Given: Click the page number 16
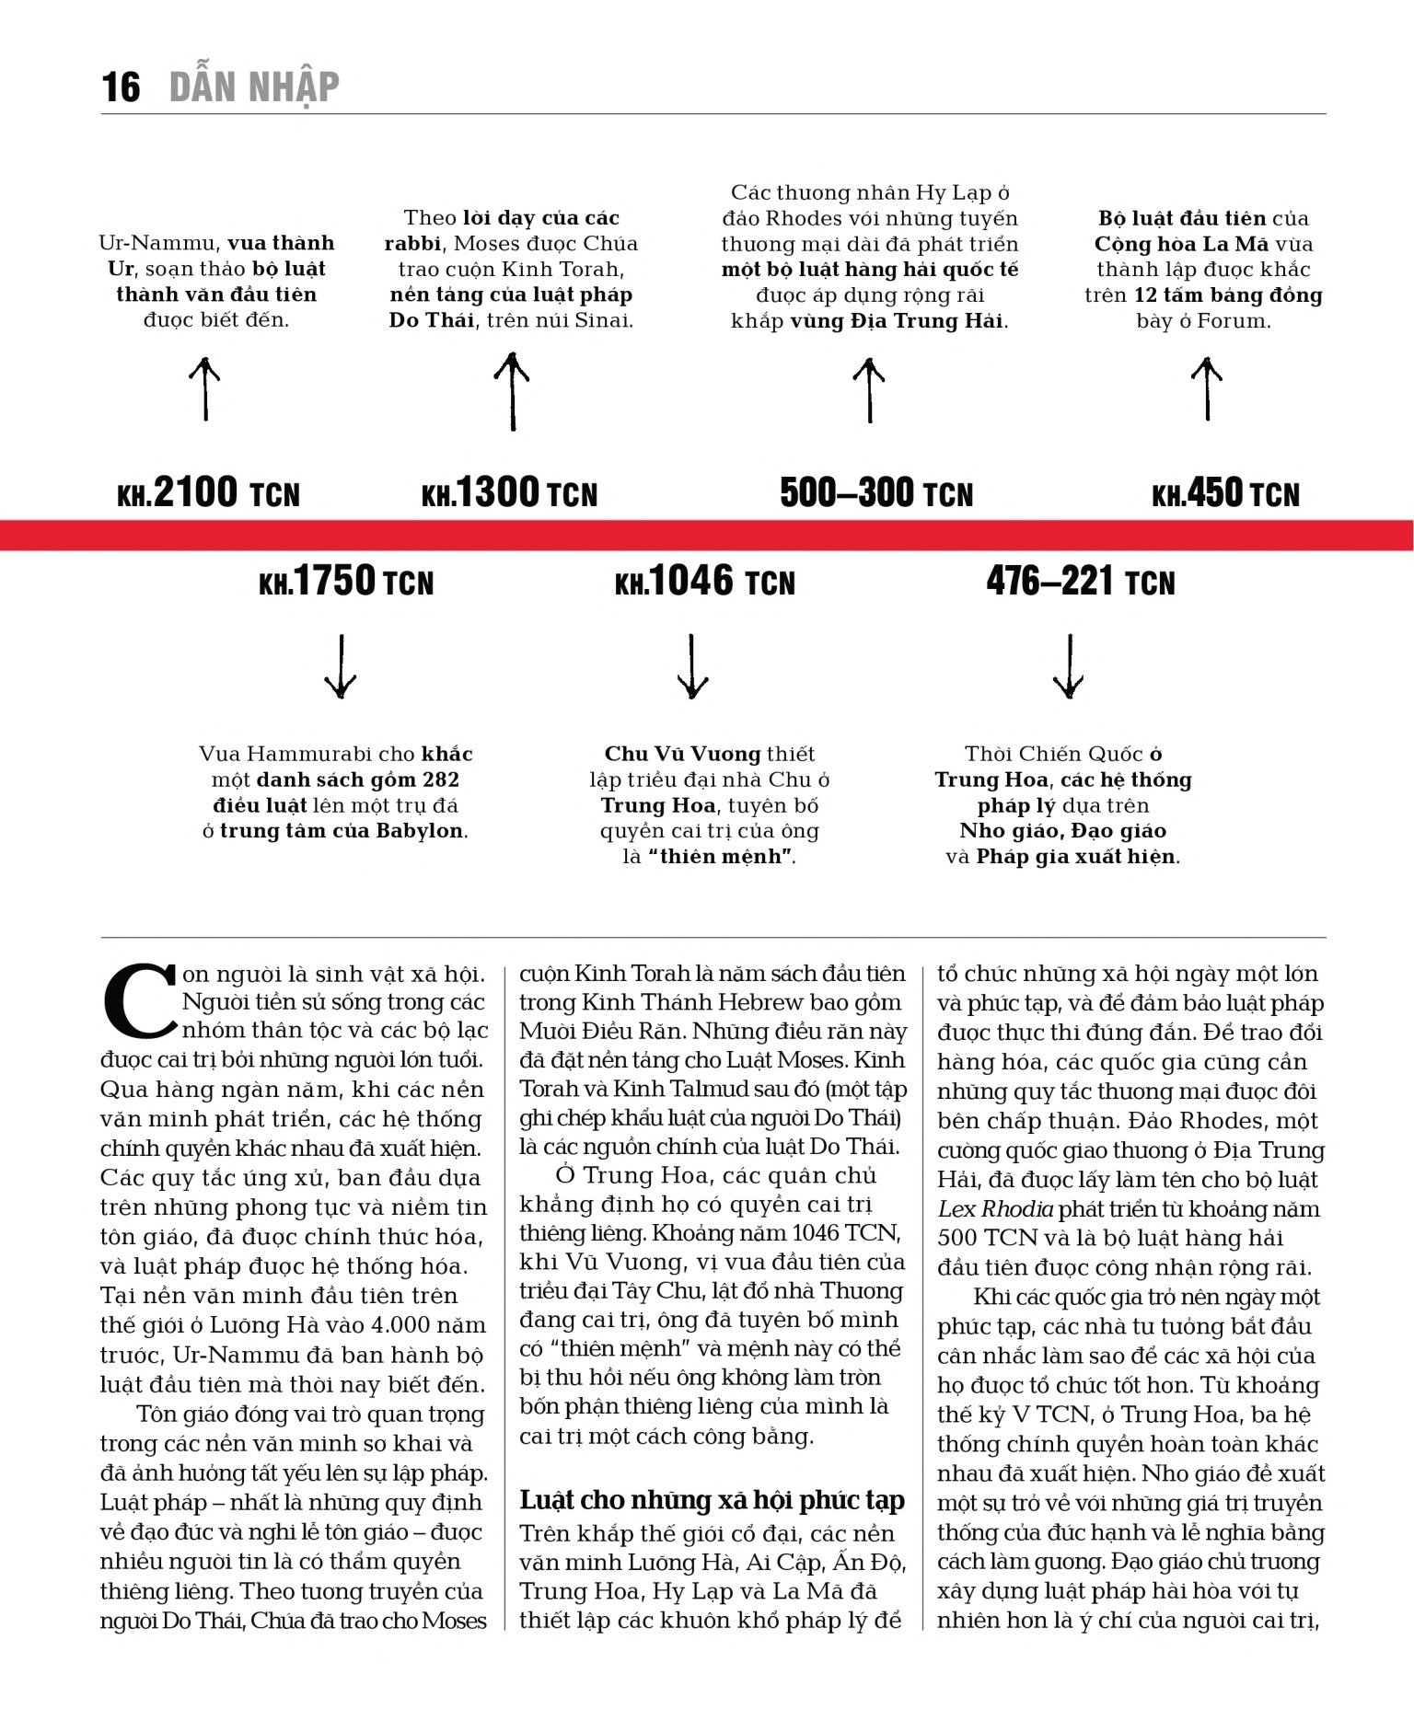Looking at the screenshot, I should (121, 87).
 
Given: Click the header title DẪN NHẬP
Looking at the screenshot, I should (254, 87).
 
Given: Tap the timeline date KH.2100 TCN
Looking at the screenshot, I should (209, 493).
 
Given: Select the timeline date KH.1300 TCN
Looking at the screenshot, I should (509, 493).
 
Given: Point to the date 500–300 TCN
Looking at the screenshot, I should (876, 493).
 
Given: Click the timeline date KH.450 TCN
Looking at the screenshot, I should (1225, 493).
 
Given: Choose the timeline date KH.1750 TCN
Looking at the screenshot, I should (346, 582).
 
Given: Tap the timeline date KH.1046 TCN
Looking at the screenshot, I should (705, 582).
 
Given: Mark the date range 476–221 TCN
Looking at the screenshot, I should (1081, 582).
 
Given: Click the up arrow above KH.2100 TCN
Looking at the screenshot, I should (205, 389).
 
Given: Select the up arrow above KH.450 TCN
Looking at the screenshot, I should (1207, 389).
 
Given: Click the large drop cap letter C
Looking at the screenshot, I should (138, 999).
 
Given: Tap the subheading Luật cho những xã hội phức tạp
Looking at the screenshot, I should (712, 1500).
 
